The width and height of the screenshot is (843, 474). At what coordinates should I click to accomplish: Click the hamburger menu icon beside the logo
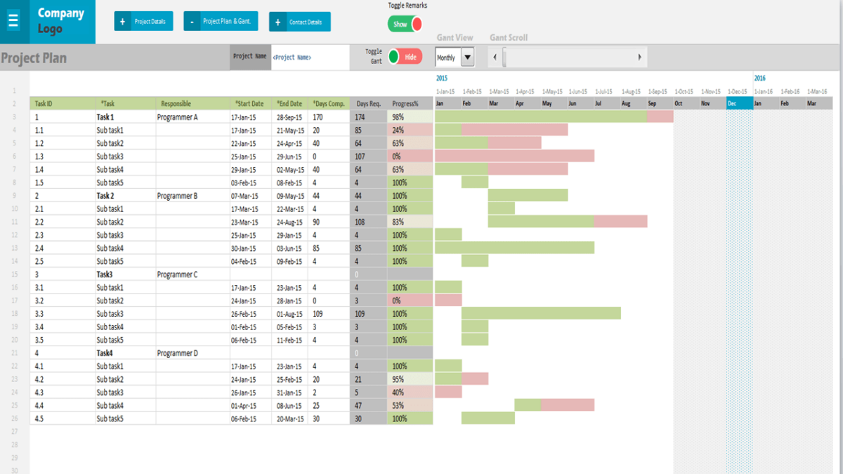(x=13, y=20)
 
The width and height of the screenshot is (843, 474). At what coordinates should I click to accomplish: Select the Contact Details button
(x=299, y=22)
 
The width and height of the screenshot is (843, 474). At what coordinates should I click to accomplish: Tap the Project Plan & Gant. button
(x=221, y=22)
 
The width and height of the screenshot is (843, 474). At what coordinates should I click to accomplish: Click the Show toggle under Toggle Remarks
(x=405, y=24)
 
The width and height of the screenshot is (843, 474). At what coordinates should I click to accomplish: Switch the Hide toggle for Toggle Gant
(x=405, y=57)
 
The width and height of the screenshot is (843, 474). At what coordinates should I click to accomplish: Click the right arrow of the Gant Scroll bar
(x=639, y=58)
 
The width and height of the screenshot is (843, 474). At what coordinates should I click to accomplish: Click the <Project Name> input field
(x=309, y=58)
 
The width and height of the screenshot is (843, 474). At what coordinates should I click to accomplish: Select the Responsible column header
(x=176, y=104)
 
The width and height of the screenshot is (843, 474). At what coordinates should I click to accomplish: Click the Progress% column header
(x=405, y=104)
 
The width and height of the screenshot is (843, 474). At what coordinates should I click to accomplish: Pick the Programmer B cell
(x=177, y=196)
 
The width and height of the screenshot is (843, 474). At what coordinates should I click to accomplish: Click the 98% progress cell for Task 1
(x=410, y=117)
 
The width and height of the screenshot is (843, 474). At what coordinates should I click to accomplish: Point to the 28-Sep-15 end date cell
(x=289, y=117)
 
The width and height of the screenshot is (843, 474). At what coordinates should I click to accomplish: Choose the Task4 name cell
(x=105, y=353)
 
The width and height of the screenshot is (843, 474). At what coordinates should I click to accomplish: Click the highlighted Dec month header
(x=739, y=104)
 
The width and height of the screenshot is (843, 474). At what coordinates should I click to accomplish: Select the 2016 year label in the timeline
(x=760, y=79)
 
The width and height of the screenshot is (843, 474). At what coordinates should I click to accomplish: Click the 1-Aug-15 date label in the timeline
(x=631, y=91)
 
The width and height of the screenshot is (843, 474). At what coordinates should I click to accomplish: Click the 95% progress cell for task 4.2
(x=410, y=379)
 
